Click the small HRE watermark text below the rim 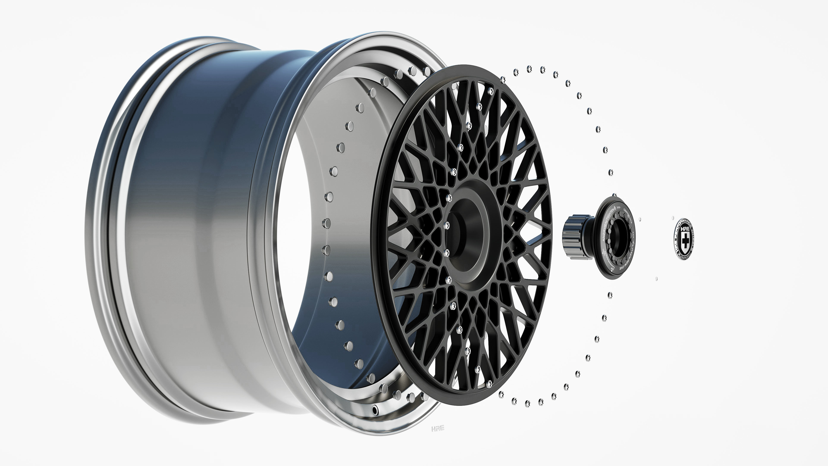[x=438, y=428]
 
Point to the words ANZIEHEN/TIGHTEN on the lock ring [x=608, y=225]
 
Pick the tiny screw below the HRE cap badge [x=657, y=279]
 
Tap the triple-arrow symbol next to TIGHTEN [x=619, y=208]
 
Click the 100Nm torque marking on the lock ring [x=604, y=252]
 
